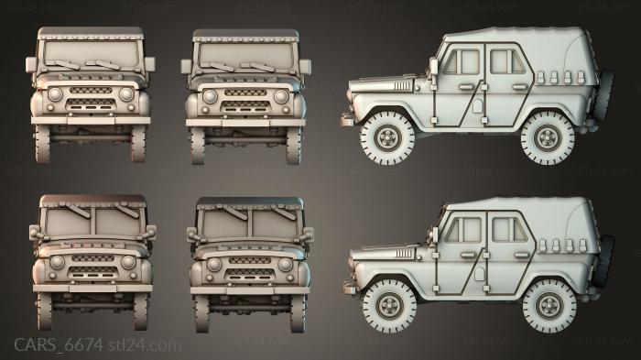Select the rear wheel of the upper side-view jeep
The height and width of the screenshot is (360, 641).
pos(547,138)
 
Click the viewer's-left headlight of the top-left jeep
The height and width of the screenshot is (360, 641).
pos(54,95)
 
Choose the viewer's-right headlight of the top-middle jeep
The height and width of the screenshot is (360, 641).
pos(280,96)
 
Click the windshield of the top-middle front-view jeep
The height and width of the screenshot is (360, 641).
pos(245,54)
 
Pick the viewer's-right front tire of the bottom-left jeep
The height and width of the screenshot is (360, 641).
pos(138,310)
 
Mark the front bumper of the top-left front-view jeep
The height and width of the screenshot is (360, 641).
pos(92,119)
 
